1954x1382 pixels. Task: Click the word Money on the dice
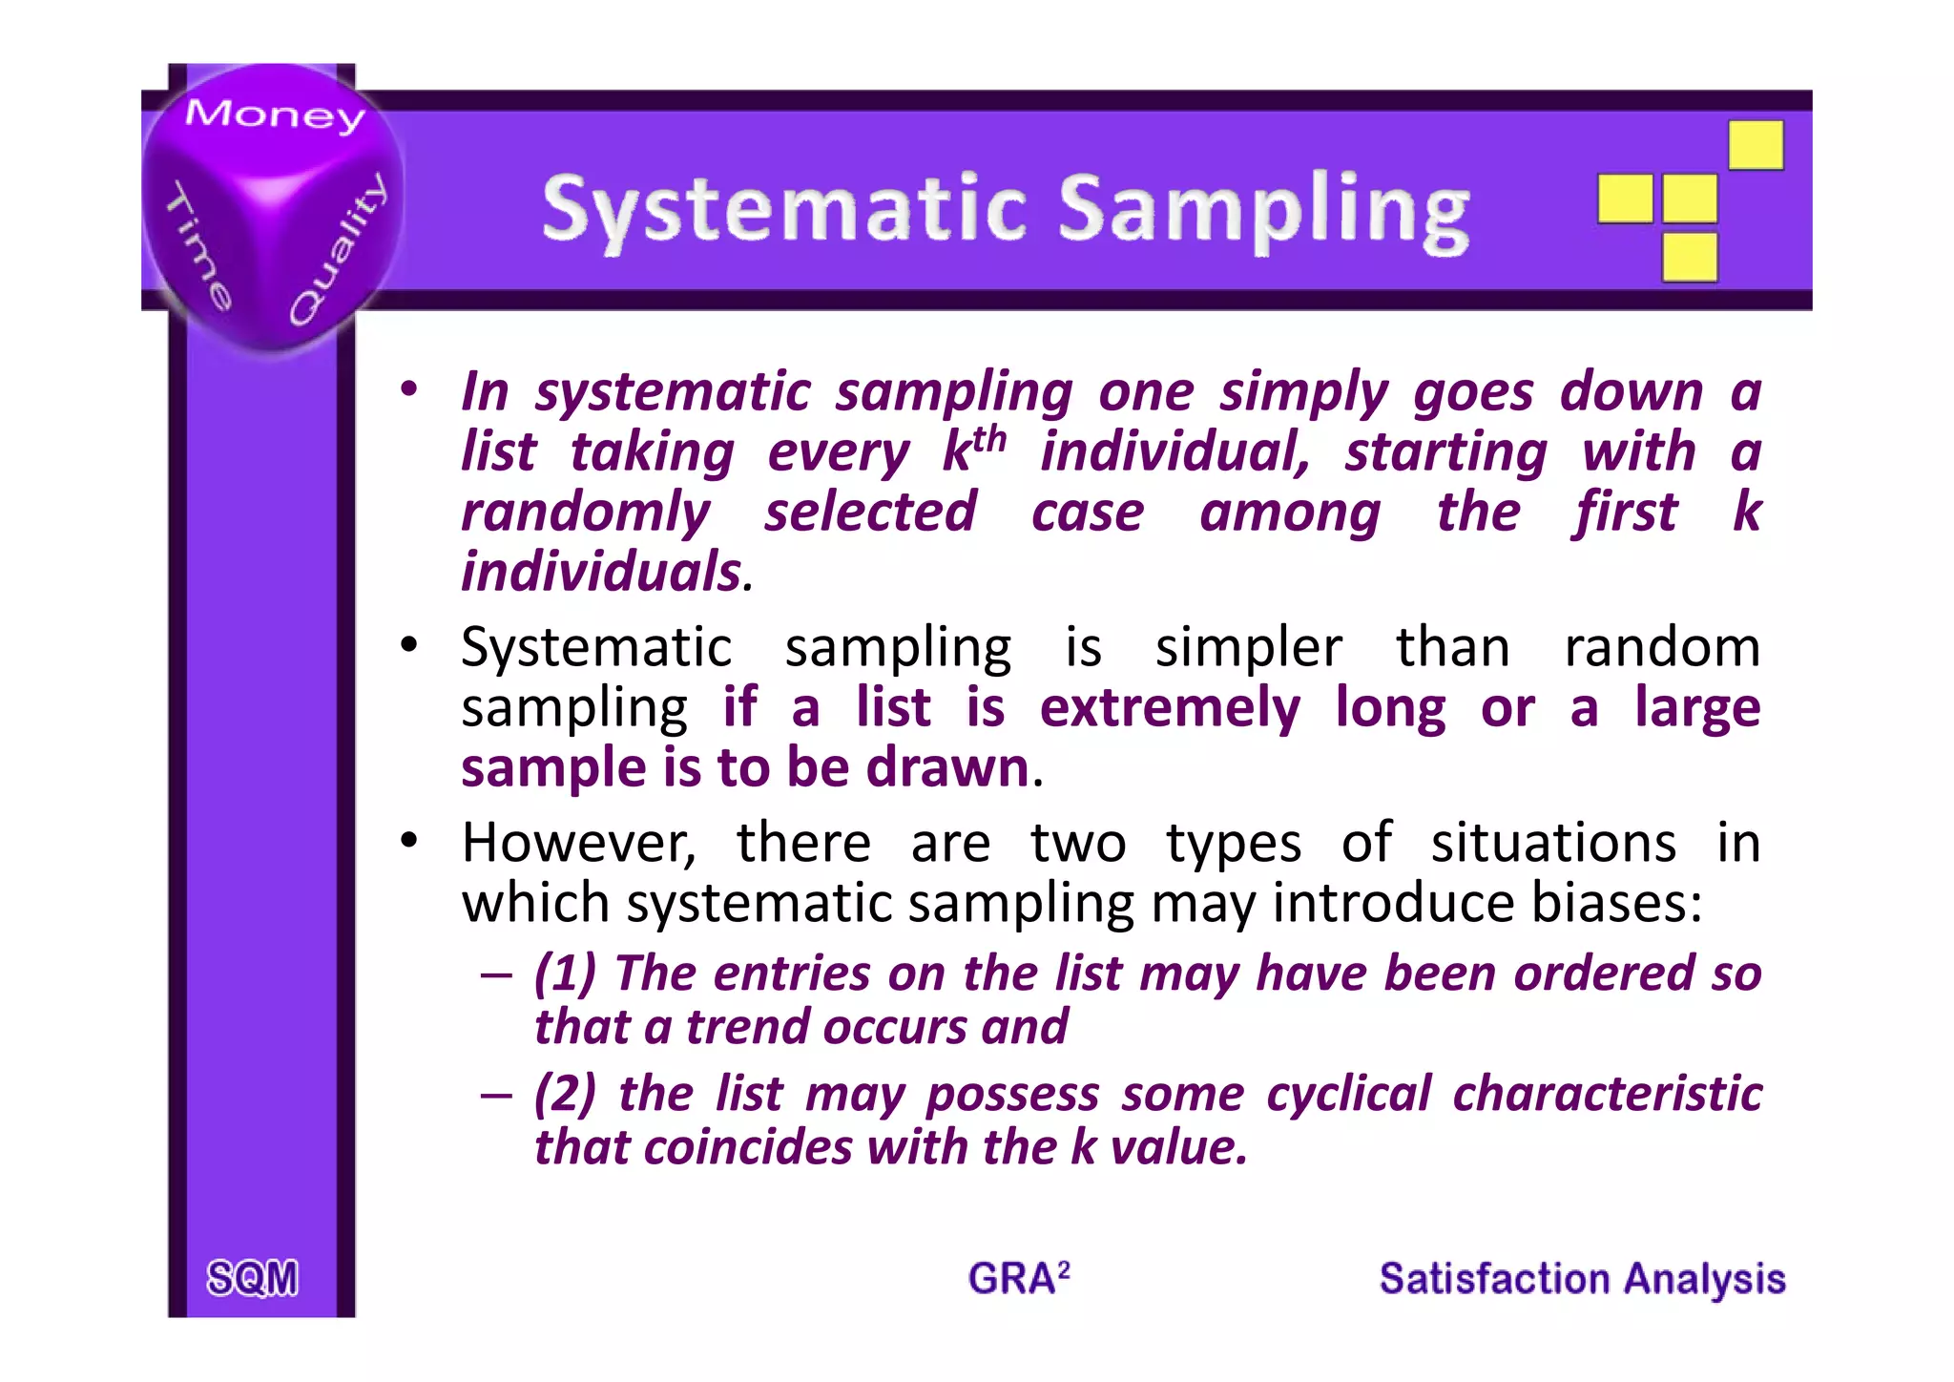pyautogui.click(x=275, y=115)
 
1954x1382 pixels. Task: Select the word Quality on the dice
pyautogui.click(x=339, y=250)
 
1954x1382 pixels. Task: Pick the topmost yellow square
pyautogui.click(x=1756, y=144)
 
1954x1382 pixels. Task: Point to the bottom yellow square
pyautogui.click(x=1689, y=257)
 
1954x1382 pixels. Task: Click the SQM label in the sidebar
pyautogui.click(x=253, y=1278)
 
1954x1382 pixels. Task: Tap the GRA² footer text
pyautogui.click(x=1018, y=1278)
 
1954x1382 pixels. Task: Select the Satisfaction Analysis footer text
pyautogui.click(x=1582, y=1278)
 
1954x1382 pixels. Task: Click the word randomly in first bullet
pyautogui.click(x=586, y=513)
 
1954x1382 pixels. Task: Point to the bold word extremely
pyautogui.click(x=1169, y=708)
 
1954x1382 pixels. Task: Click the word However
pyautogui.click(x=578, y=844)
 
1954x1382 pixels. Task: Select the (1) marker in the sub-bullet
pyautogui.click(x=565, y=974)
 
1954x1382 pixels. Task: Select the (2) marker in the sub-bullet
pyautogui.click(x=565, y=1094)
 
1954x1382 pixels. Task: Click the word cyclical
pyautogui.click(x=1348, y=1094)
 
